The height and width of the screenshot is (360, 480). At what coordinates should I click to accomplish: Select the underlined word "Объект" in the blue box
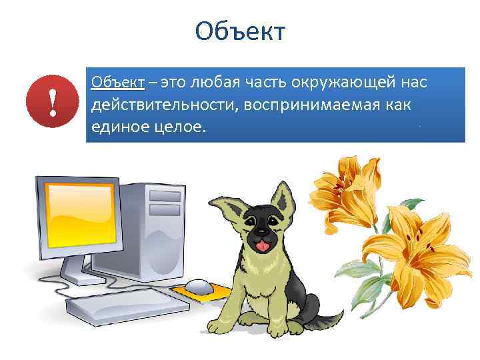[118, 83]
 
